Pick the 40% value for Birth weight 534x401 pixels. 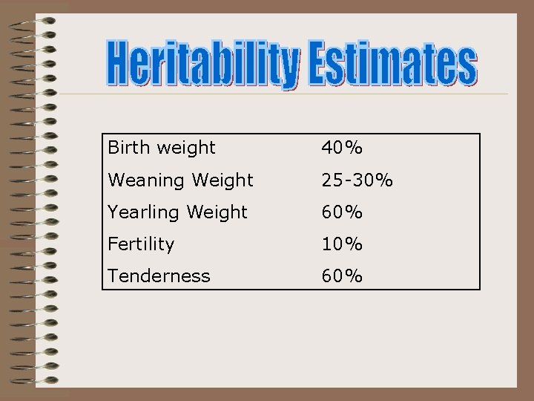pyautogui.click(x=342, y=148)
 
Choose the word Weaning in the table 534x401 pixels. pyautogui.click(x=142, y=180)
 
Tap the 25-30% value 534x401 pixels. pyautogui.click(x=357, y=180)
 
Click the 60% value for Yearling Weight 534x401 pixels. pyautogui.click(x=342, y=212)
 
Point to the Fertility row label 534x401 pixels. pyautogui.click(x=141, y=244)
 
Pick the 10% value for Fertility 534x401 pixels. pyautogui.click(x=342, y=244)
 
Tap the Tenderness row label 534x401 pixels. pyautogui.click(x=159, y=276)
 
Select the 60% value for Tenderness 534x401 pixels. pyautogui.click(x=342, y=276)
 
